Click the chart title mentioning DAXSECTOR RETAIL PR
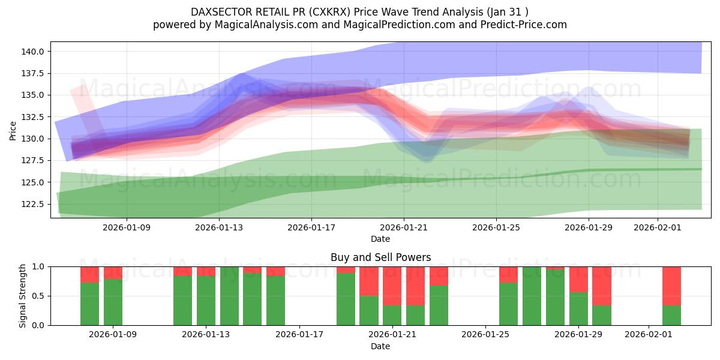point(359,12)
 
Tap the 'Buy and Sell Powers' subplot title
point(380,257)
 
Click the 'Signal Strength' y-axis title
point(22,296)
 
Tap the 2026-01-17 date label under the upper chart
point(311,228)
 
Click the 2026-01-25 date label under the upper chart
point(496,228)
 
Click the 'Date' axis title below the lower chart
point(380,346)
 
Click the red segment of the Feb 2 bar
point(671,286)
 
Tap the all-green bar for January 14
point(229,296)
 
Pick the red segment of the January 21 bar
point(392,286)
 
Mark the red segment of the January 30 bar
point(602,286)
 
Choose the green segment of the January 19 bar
point(346,299)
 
